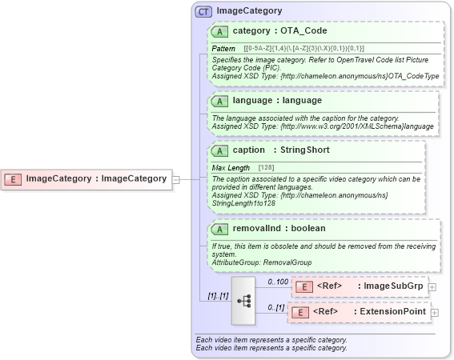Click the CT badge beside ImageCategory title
(x=204, y=11)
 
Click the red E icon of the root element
(x=14, y=178)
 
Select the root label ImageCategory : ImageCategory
(x=96, y=178)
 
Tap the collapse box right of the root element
(x=175, y=179)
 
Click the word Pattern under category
(x=223, y=49)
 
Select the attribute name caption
(x=248, y=150)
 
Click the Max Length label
(x=231, y=167)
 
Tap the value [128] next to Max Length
(x=267, y=167)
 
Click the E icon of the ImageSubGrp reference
(x=304, y=286)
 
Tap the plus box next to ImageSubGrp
(x=432, y=286)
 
